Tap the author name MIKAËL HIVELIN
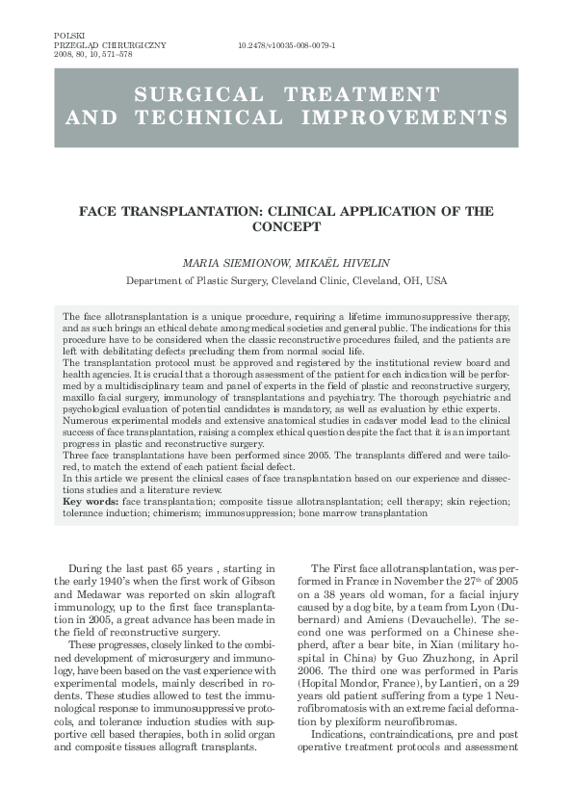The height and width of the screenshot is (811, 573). click(335, 263)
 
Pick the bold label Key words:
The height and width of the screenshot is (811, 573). click(91, 503)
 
